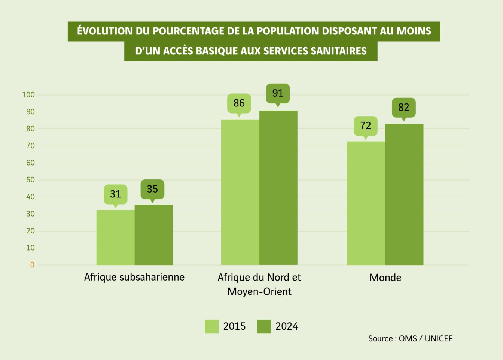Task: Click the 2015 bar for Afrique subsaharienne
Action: pos(115,238)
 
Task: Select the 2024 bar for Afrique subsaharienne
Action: pos(153,235)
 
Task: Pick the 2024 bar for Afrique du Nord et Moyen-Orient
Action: pos(278,188)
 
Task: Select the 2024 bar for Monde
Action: pos(404,194)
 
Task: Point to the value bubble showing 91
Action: pos(278,93)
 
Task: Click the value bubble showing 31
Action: pos(115,194)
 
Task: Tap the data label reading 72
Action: pos(366,126)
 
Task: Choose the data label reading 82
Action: pos(403,108)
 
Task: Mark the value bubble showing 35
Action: pos(152,189)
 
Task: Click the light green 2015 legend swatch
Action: pos(211,326)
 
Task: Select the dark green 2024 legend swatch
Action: pos(264,326)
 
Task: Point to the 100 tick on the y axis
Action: pos(28,95)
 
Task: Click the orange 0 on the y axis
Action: pos(32,265)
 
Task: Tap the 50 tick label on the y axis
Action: pos(30,180)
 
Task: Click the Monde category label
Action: pos(385,278)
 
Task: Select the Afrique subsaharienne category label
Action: pos(134,277)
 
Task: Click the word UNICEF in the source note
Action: pos(438,339)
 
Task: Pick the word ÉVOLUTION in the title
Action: pos(105,31)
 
